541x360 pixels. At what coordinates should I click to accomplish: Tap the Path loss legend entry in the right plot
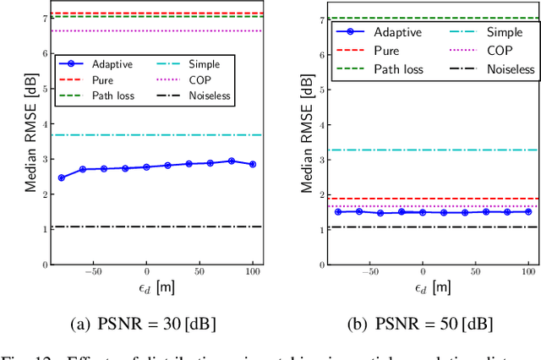click(391, 69)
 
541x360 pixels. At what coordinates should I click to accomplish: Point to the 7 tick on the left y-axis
click(44, 18)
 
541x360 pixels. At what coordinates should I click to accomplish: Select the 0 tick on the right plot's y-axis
click(320, 265)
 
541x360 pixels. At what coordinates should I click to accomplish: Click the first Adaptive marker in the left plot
click(61, 177)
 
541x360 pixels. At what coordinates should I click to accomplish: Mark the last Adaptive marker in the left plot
click(252, 164)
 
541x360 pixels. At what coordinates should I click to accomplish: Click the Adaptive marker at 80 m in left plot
click(231, 161)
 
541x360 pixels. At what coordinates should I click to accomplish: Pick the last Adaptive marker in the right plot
click(528, 211)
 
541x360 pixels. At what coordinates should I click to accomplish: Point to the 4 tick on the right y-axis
click(320, 124)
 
